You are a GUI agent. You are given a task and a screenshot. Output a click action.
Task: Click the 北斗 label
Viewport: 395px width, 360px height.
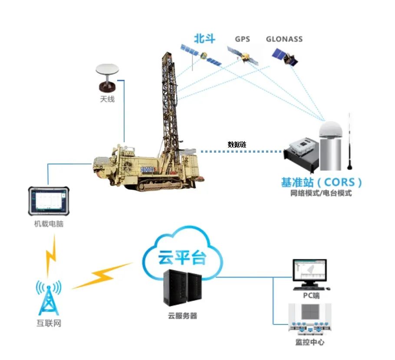(204, 39)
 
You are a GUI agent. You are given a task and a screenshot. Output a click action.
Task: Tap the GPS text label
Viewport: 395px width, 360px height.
(243, 39)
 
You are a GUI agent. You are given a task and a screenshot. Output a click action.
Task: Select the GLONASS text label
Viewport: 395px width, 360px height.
(284, 39)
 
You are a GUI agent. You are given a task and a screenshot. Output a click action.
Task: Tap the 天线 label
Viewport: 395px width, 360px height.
(107, 99)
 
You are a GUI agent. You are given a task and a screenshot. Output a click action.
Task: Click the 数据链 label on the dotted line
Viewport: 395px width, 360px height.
(237, 144)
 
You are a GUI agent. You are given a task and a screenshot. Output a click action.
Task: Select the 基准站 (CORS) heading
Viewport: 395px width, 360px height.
(321, 181)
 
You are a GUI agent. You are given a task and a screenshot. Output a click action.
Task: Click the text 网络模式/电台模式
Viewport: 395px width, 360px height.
(321, 193)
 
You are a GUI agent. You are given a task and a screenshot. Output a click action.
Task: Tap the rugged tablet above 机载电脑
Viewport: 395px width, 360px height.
(49, 200)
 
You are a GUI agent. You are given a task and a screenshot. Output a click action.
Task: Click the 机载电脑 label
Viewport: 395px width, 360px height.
(49, 224)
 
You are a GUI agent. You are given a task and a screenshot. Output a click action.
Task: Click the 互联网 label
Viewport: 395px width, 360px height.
(49, 324)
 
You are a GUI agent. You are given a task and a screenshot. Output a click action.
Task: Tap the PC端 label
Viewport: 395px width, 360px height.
(311, 296)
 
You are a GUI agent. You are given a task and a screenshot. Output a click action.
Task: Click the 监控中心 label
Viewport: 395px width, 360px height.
(310, 343)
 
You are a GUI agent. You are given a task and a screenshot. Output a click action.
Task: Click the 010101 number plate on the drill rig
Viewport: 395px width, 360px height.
(148, 169)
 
